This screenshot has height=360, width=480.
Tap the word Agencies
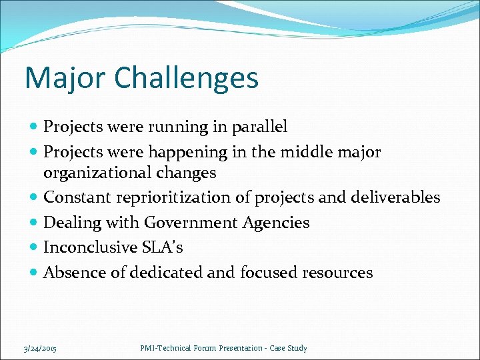point(281,223)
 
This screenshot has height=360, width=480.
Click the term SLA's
point(161,247)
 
